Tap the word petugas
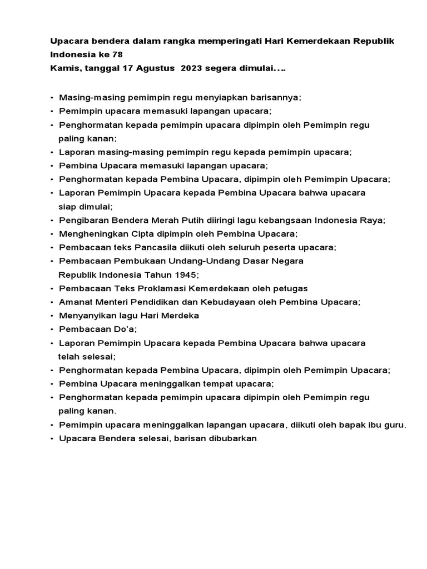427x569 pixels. [x=290, y=288]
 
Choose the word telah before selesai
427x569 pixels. [x=69, y=356]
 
